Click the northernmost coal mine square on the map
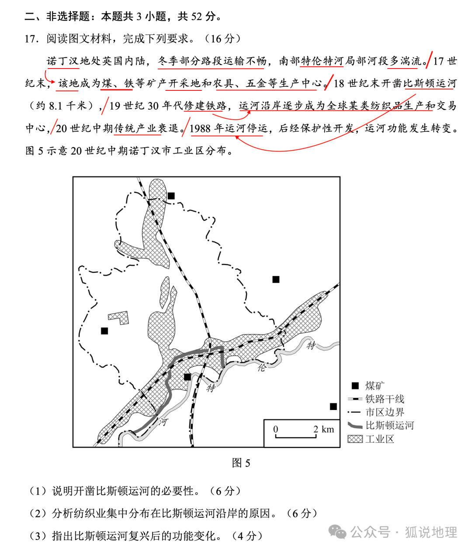point(171,196)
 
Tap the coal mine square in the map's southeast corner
point(333,406)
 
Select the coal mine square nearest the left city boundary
point(104,331)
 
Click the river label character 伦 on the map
point(261,368)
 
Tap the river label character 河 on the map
point(163,422)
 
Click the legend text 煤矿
point(375,386)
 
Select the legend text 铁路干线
point(385,399)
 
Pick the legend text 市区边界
point(385,412)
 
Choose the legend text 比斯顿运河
point(389,425)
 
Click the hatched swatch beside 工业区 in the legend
point(355,439)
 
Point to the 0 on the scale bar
point(275,429)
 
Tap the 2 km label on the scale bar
point(323,429)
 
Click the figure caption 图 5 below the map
point(241,463)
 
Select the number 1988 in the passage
point(200,128)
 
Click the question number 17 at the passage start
point(31,39)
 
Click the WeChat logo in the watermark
point(337,532)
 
